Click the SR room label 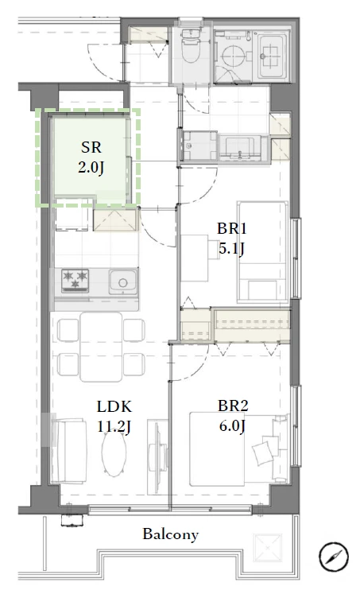coord(91,147)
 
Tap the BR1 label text coord(231,228)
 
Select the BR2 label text coord(233,406)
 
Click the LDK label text coord(114,407)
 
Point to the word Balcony coord(170,534)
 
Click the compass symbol coord(334,557)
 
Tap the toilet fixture coord(190,46)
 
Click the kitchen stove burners coord(75,281)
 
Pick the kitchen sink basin coord(122,281)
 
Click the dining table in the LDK coord(101,347)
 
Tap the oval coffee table coord(114,453)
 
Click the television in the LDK coord(157,456)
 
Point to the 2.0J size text coord(91,167)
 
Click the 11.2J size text coord(114,426)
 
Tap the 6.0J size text coord(233,425)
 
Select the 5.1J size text coord(231,248)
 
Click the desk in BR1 coord(195,258)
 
